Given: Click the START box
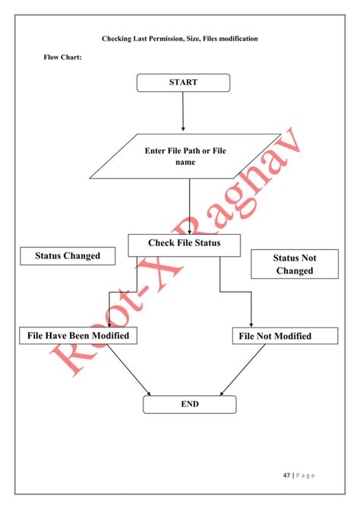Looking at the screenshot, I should point(183,83).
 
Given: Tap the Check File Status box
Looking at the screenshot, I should point(185,244).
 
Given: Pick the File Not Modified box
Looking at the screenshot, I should point(275,336).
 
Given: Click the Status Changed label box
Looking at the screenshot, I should point(68,256).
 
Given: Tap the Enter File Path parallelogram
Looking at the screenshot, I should point(185,156).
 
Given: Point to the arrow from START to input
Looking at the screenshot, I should point(183,112).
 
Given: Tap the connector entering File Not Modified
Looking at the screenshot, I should point(251,311).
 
